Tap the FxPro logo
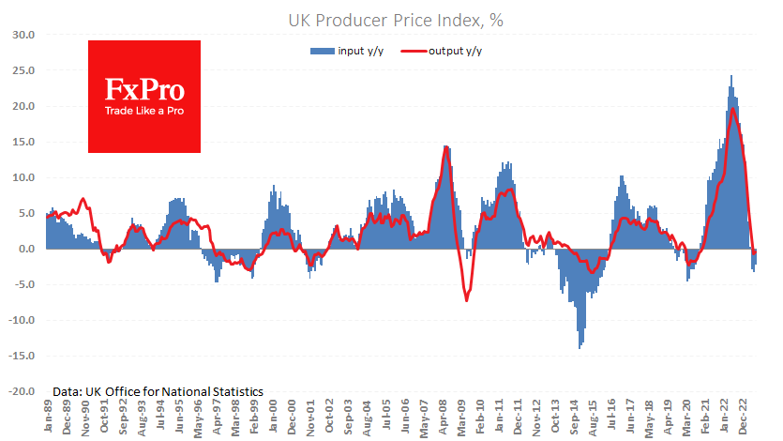[x=143, y=90]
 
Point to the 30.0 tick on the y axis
[x=22, y=35]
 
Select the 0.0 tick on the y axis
[x=24, y=250]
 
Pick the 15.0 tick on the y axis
[x=22, y=142]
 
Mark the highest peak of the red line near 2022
[x=731, y=110]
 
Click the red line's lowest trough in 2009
[x=466, y=300]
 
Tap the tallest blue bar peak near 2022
[x=731, y=76]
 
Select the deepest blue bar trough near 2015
[x=580, y=348]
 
